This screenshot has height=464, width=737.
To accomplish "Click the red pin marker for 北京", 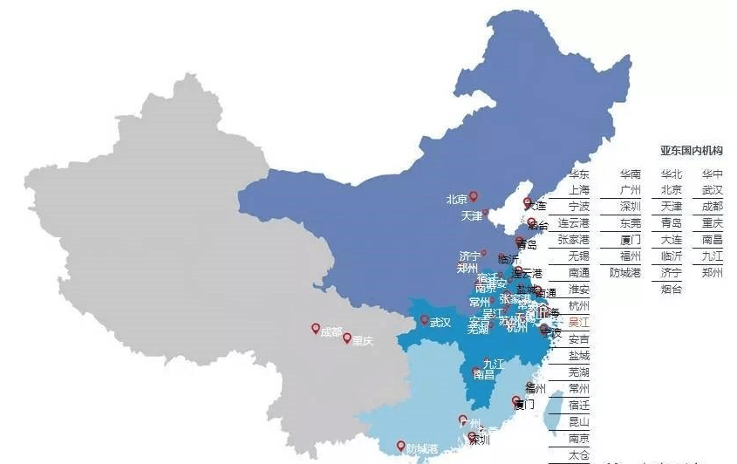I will pos(474,196).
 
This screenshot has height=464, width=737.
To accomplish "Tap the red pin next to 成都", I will pos(315,329).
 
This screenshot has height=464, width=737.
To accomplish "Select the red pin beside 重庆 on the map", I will pos(347,338).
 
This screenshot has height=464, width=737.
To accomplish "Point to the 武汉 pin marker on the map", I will pos(424,320).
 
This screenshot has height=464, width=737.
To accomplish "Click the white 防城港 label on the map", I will pos(421,448).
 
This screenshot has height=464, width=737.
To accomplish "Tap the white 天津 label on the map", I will pos(472,215).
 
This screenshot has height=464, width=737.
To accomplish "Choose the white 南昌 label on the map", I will pos(484,374).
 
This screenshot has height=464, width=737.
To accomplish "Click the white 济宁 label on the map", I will pos(469,256).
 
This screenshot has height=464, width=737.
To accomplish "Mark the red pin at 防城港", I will pos(400,444).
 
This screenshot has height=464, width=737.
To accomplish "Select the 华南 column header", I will pos(631,174).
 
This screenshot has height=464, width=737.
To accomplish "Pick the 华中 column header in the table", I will pos(713,174).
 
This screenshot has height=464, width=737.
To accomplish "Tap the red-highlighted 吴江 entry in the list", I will pos(579,322).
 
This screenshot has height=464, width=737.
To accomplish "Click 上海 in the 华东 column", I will pos(579,189).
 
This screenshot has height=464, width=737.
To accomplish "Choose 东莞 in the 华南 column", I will pos(631,222).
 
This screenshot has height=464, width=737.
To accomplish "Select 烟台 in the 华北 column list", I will pos(672,289).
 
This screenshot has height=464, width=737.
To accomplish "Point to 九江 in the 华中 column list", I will pos(713,256).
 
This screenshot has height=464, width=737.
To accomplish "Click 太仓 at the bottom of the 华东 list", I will pos(579,454).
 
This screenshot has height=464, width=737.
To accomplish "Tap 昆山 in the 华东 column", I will pos(579,421).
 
